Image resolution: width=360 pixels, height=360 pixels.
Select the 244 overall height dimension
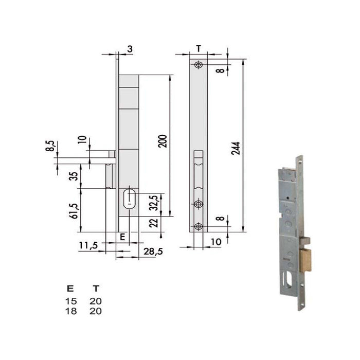[237, 149]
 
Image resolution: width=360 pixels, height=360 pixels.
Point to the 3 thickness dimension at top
[130, 49]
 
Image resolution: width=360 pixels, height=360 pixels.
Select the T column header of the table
[95, 289]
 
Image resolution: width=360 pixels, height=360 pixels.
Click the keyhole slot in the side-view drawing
[129, 199]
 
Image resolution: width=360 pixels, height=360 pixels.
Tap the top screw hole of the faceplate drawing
[198, 65]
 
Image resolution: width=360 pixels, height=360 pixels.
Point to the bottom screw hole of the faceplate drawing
[198, 225]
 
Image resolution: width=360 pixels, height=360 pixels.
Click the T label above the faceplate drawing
[199, 48]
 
